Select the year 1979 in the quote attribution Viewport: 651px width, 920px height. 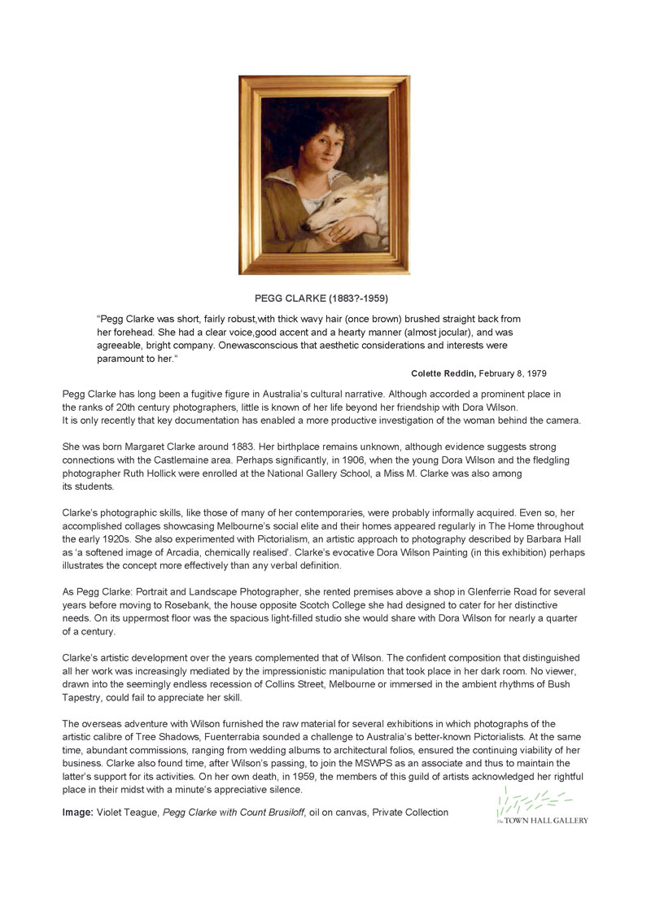click(535, 373)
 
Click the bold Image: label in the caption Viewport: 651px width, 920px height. click(78, 812)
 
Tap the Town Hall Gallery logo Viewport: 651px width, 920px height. click(541, 806)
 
